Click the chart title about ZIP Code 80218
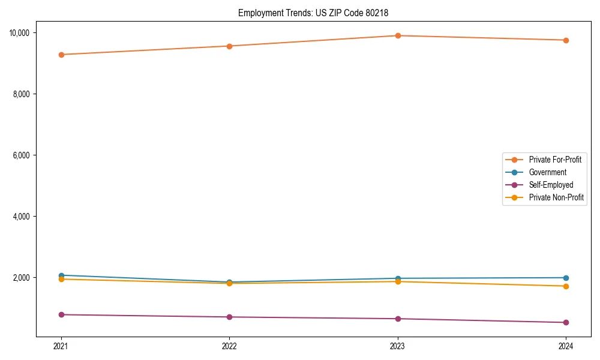click(317, 13)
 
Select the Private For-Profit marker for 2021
click(61, 55)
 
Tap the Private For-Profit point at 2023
click(398, 35)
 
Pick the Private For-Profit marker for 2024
click(566, 40)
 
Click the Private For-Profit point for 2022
click(229, 46)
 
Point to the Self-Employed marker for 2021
click(61, 314)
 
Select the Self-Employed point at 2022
click(229, 317)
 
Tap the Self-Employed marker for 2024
click(566, 322)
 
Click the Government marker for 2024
click(566, 278)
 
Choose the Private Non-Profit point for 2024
click(566, 286)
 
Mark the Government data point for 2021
click(61, 275)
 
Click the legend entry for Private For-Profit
click(554, 160)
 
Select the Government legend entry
click(547, 172)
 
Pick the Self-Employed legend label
click(551, 185)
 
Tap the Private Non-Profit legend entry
click(556, 197)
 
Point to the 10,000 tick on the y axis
click(22, 32)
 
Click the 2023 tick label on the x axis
click(398, 346)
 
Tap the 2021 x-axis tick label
click(61, 346)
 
